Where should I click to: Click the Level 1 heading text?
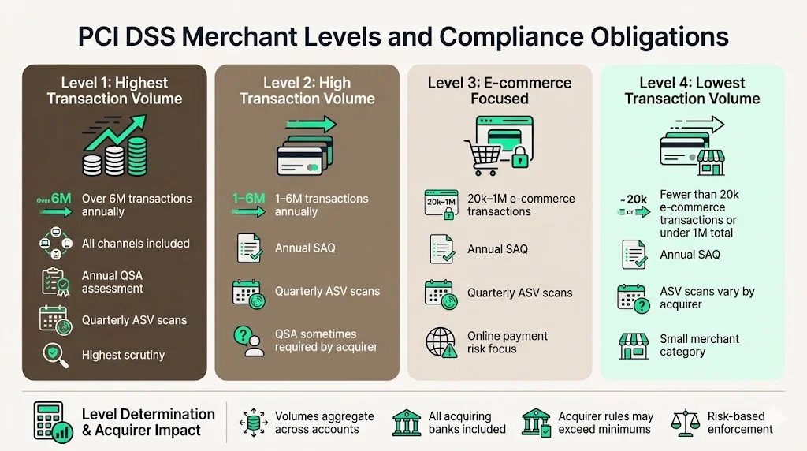coord(114,91)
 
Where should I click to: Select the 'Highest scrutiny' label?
coord(123,355)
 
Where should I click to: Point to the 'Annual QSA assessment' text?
coord(113,282)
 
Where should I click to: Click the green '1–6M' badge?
coord(248,199)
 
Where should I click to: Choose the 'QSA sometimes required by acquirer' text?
coord(326,341)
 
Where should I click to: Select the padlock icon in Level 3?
coord(519,158)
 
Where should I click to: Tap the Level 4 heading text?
coord(692,91)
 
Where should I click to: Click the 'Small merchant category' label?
coord(699,345)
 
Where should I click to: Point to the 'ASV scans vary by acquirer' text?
coord(707,297)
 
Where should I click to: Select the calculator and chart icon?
coord(53,420)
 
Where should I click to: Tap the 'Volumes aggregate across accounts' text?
coord(324,423)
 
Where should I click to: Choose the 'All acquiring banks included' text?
coord(467,423)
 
